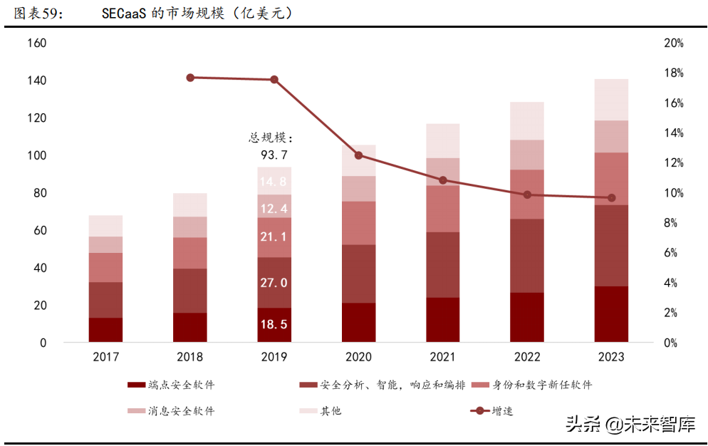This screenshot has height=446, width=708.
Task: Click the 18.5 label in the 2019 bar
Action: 274,324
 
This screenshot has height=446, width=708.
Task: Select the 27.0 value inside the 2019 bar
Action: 274,283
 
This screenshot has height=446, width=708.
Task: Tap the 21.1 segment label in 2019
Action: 274,237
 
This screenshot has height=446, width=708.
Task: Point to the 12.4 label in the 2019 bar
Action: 274,209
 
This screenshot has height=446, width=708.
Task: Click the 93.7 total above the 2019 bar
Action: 274,155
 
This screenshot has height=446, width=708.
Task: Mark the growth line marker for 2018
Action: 190,78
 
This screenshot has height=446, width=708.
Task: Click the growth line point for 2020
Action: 358,155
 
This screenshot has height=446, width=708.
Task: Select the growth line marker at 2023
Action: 611,198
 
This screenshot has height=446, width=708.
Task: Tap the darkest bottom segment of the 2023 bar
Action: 611,314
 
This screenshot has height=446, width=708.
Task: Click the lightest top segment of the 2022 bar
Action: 527,120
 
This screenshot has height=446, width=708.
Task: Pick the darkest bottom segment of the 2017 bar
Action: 105,330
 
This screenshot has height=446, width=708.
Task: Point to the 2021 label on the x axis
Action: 442,357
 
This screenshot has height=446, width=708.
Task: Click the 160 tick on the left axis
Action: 36,43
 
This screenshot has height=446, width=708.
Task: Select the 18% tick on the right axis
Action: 672,73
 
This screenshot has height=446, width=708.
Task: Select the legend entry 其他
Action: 330,411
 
